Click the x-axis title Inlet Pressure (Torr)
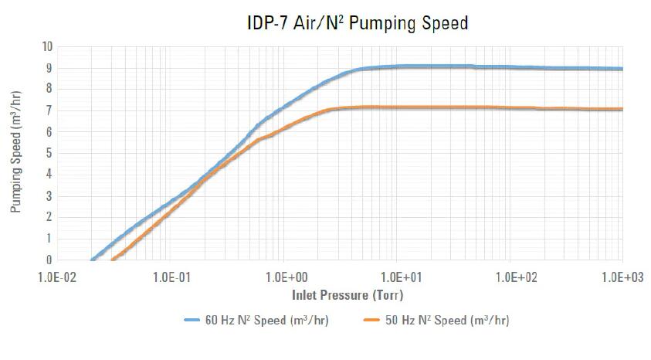347,294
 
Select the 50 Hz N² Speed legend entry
437,320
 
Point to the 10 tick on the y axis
47,46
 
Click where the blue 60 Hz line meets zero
93,260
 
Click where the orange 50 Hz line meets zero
114,260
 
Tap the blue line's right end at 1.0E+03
622,69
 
